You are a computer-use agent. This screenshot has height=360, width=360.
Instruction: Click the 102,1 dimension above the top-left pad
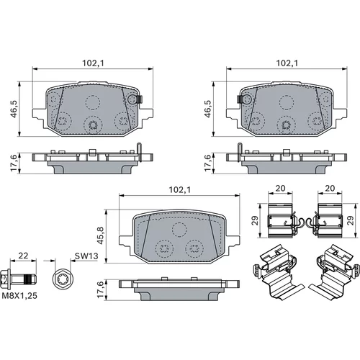pyautogui.click(x=93, y=63)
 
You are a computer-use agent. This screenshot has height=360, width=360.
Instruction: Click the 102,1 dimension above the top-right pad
pyautogui.click(x=287, y=63)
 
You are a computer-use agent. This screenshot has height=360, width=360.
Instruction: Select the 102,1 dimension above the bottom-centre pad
pyautogui.click(x=180, y=190)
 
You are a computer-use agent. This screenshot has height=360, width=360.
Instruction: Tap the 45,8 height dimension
pyautogui.click(x=101, y=235)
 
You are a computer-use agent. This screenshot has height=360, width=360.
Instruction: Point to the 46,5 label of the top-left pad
pyautogui.click(x=14, y=109)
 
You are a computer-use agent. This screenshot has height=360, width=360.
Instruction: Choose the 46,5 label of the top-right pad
pyautogui.click(x=208, y=109)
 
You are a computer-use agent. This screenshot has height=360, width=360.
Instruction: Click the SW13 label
pyautogui.click(x=86, y=256)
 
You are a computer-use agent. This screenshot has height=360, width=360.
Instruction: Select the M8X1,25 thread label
pyautogui.click(x=19, y=296)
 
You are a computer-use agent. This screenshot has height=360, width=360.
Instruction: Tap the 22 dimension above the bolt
pyautogui.click(x=23, y=256)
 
